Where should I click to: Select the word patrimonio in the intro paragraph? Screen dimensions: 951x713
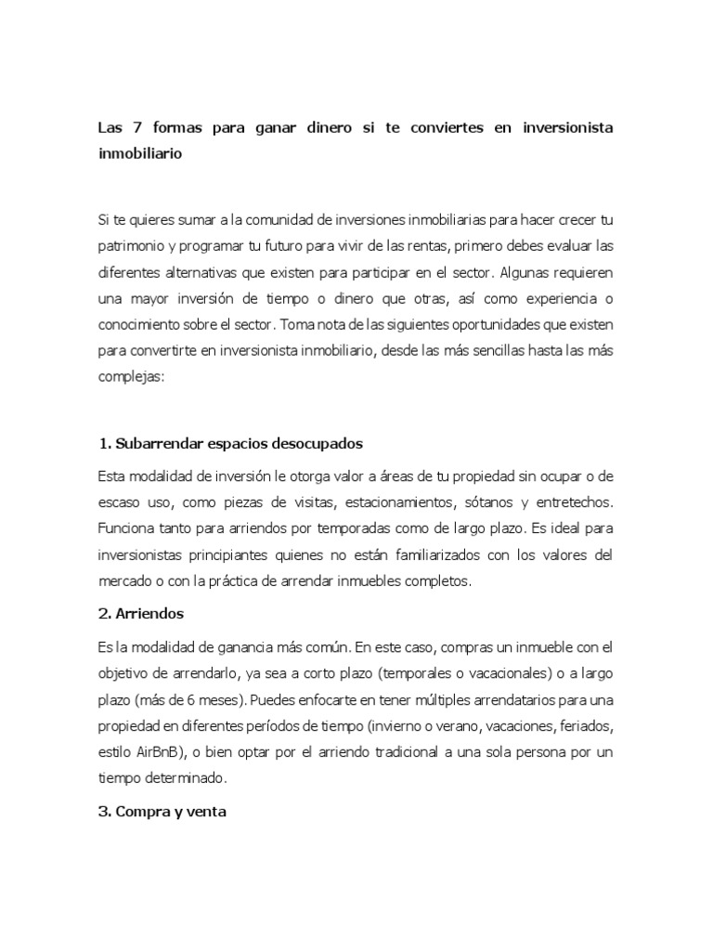135,249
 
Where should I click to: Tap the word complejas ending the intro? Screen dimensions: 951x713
130,380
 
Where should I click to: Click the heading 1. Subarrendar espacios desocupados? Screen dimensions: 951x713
229,442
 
